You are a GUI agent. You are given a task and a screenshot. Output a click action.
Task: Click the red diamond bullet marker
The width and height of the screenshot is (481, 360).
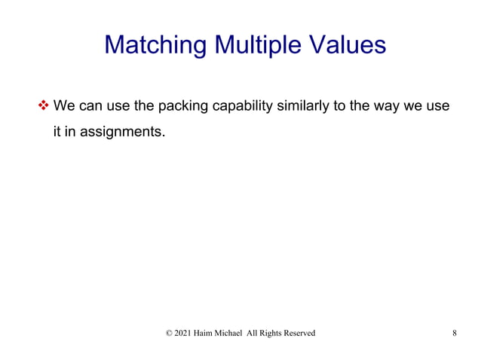tap(42, 105)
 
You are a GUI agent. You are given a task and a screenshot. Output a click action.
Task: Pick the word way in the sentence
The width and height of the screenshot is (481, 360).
tap(386, 105)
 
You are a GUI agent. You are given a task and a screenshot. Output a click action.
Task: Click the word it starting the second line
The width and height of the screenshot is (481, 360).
tap(57, 134)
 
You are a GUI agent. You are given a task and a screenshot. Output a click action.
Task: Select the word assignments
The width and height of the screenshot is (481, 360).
tap(124, 134)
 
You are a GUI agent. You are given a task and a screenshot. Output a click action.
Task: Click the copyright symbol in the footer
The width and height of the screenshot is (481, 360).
tap(168, 333)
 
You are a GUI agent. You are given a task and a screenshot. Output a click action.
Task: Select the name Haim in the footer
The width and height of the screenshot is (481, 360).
tap(211, 333)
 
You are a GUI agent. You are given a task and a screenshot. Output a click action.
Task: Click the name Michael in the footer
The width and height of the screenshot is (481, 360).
tap(243, 333)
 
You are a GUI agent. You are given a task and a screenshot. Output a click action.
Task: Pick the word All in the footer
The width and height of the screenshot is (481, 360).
tap(269, 333)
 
